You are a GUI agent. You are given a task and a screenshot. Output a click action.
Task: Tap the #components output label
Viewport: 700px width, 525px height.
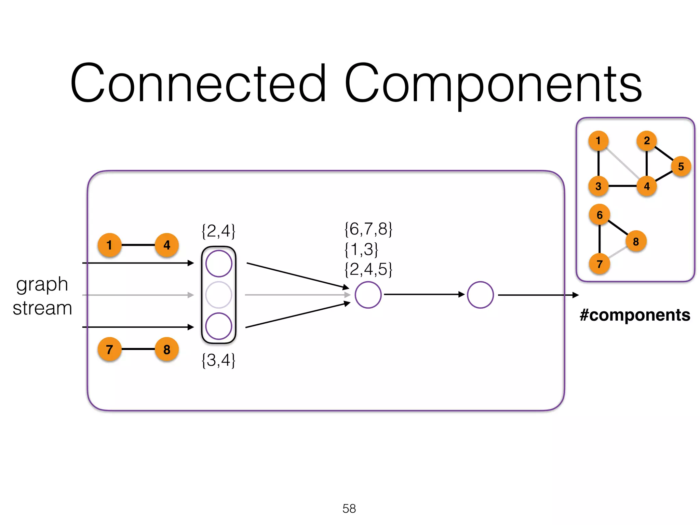pyautogui.click(x=635, y=315)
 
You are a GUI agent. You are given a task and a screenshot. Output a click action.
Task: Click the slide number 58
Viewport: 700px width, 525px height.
pyautogui.click(x=349, y=509)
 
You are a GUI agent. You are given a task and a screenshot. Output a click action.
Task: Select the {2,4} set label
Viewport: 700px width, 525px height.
pyautogui.click(x=218, y=231)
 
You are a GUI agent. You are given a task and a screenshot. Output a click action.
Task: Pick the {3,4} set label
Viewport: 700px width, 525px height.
pyautogui.click(x=218, y=360)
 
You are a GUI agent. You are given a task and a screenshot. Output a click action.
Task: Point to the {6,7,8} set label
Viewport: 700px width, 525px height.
pyautogui.click(x=368, y=229)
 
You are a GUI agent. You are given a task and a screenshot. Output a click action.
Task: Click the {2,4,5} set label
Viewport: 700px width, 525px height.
pyautogui.click(x=368, y=269)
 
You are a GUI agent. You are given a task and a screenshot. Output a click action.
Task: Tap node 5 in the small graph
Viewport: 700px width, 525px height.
pyautogui.click(x=681, y=166)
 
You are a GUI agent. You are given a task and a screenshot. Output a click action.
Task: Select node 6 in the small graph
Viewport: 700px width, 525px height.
pyautogui.click(x=600, y=215)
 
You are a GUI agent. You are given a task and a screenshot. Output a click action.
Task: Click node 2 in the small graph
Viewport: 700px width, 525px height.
pyautogui.click(x=646, y=140)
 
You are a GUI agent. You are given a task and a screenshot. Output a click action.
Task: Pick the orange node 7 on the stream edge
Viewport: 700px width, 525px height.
pyautogui.click(x=109, y=349)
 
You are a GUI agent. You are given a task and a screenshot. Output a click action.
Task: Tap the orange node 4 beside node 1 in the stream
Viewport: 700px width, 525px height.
pyautogui.click(x=166, y=245)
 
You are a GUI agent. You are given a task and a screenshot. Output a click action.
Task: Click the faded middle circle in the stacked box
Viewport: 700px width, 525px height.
pyautogui.click(x=219, y=295)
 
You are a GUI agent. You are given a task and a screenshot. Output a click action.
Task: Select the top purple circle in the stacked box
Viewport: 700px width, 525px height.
pyautogui.click(x=219, y=264)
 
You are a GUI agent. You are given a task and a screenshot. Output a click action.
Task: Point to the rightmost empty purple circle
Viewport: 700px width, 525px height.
pyautogui.click(x=480, y=295)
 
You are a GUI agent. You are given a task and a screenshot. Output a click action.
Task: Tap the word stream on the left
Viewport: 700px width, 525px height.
pyautogui.click(x=42, y=308)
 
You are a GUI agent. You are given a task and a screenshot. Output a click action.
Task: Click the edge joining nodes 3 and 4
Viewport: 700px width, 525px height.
pyautogui.click(x=622, y=186)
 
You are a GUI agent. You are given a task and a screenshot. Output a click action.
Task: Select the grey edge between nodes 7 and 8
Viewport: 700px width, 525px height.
pyautogui.click(x=617, y=253)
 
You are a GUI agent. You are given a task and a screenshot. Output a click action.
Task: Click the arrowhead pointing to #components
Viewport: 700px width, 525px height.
pyautogui.click(x=576, y=295)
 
